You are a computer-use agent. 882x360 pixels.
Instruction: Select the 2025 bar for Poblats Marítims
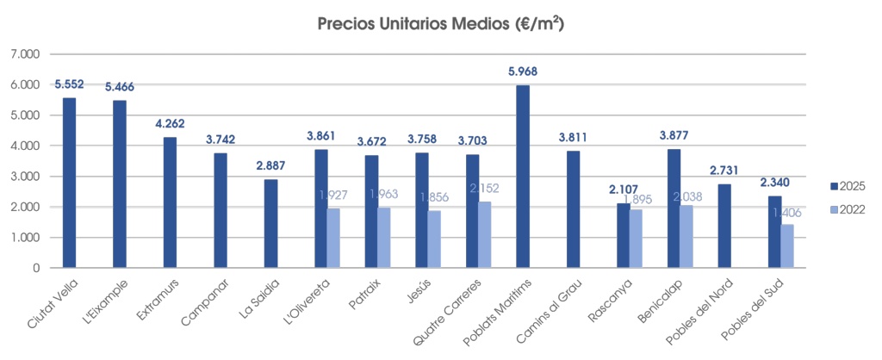523,177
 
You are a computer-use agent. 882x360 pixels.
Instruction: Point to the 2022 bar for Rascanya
637,239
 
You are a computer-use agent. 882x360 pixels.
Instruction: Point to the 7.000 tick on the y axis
25,54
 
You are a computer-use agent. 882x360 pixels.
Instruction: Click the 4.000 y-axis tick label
25,146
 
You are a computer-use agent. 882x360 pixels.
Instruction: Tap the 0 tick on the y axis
36,268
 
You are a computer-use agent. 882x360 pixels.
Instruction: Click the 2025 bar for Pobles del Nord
724,226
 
